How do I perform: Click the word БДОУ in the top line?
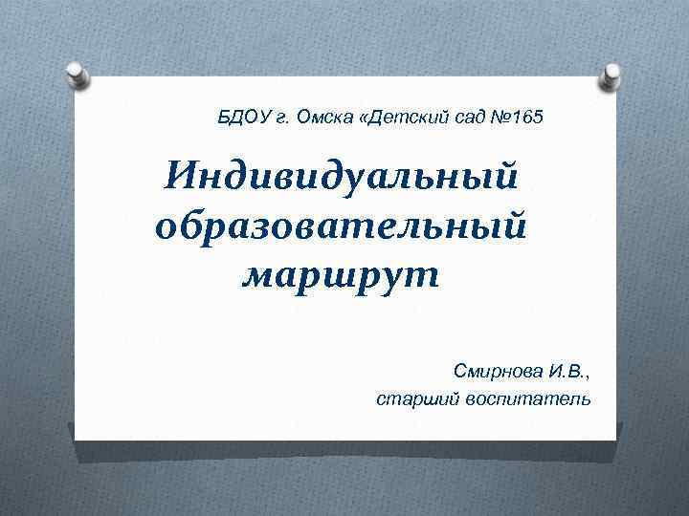pos(242,118)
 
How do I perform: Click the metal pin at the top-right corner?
pos(611,75)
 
